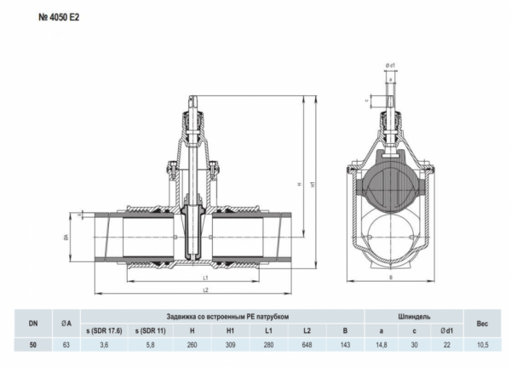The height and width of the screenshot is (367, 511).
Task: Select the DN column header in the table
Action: click(33, 323)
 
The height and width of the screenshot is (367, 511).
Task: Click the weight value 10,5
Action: click(482, 344)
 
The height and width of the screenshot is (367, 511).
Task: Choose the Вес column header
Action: click(482, 323)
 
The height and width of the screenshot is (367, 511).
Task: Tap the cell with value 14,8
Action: click(382, 344)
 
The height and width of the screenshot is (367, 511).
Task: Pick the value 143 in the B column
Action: click(345, 344)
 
